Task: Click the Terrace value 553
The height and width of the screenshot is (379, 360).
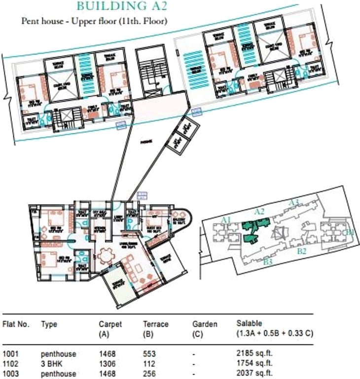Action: click(x=149, y=354)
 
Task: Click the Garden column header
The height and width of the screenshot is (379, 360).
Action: click(x=205, y=324)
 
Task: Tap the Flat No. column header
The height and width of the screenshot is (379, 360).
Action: click(x=16, y=324)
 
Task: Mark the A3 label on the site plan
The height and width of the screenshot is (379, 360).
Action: click(x=294, y=202)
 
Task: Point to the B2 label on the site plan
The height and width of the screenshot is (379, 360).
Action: click(x=302, y=251)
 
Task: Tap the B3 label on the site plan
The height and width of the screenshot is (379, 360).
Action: click(x=268, y=261)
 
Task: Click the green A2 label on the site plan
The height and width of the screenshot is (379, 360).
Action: click(x=260, y=211)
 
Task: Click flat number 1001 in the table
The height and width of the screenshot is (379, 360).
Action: click(x=11, y=354)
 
